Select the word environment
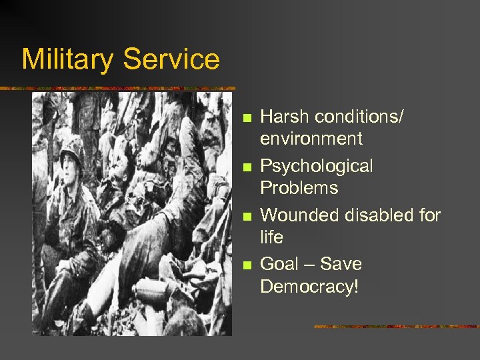(311, 139)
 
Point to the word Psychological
(317, 166)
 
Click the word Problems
(299, 188)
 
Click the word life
(271, 237)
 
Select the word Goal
(280, 264)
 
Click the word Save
(341, 264)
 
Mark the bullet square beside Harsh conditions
(247, 119)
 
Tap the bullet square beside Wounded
(247, 217)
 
